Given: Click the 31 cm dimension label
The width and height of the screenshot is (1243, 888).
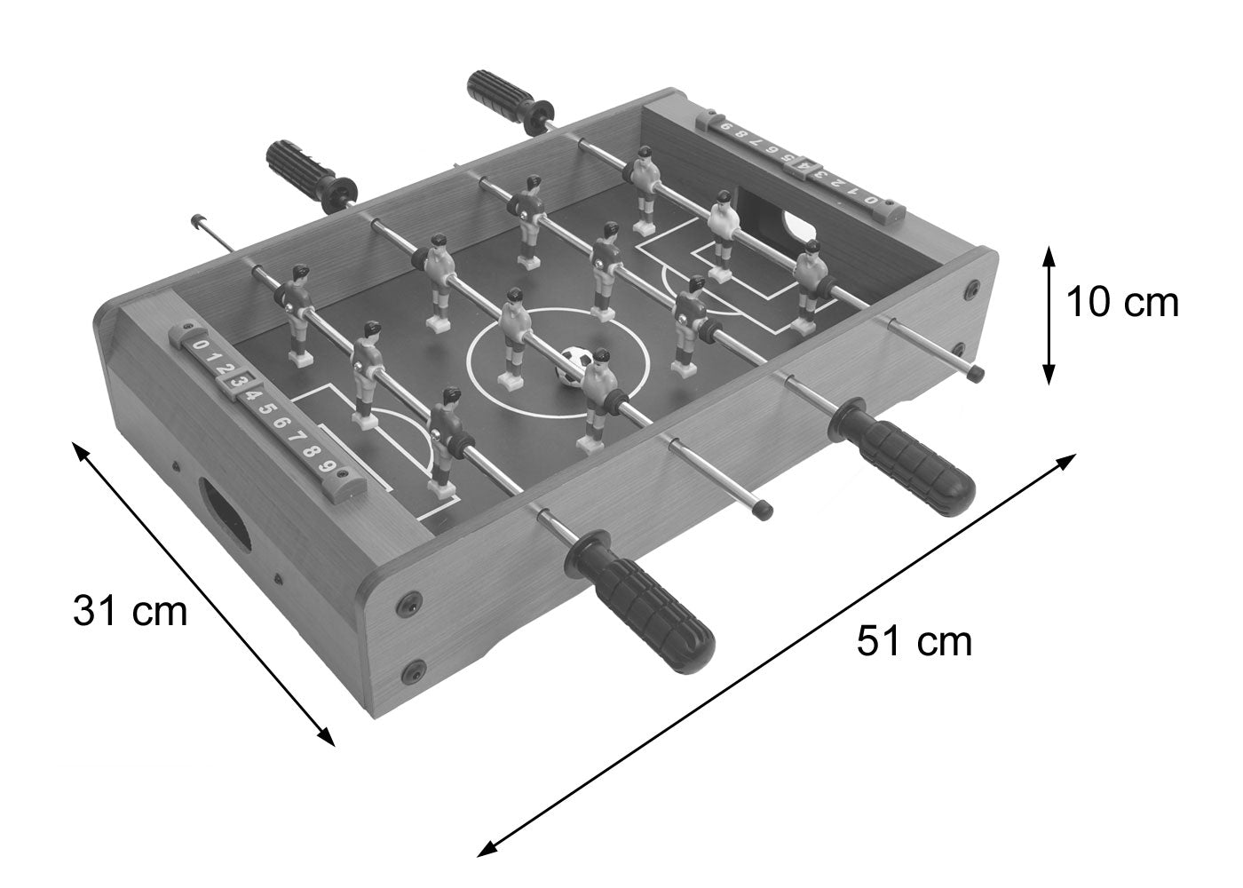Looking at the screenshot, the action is click(x=130, y=612).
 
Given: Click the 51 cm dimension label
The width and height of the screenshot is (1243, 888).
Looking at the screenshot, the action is click(x=914, y=641).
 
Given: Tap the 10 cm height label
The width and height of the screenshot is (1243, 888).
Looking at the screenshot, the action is click(x=1122, y=303).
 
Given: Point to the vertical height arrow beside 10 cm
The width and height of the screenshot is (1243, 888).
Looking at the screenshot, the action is click(x=1049, y=315).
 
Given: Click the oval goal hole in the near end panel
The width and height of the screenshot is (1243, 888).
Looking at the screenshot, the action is click(x=224, y=514).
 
